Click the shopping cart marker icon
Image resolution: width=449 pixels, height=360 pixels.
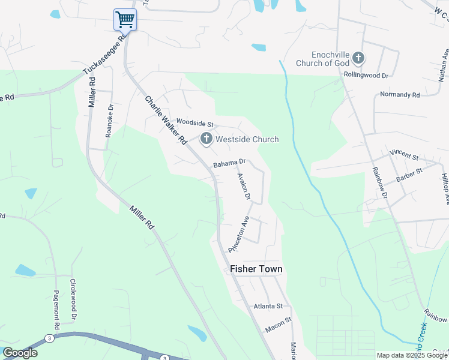click(125, 19)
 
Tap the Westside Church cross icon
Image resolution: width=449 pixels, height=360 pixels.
click(206, 139)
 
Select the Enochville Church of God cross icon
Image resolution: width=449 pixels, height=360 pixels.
click(358, 58)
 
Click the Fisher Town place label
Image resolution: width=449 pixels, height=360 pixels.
click(256, 269)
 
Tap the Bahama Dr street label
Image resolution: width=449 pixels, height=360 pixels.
click(229, 163)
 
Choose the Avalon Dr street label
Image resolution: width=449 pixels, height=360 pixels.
click(243, 186)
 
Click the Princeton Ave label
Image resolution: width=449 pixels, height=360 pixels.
click(238, 234)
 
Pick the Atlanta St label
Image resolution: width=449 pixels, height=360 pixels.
click(268, 306)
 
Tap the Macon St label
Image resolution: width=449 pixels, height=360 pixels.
click(278, 325)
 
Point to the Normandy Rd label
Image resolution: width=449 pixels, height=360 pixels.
click(400, 95)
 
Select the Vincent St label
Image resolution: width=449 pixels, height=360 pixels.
click(404, 156)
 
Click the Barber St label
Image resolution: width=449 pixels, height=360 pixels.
click(410, 175)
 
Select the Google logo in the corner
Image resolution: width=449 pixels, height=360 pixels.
click(20, 353)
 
